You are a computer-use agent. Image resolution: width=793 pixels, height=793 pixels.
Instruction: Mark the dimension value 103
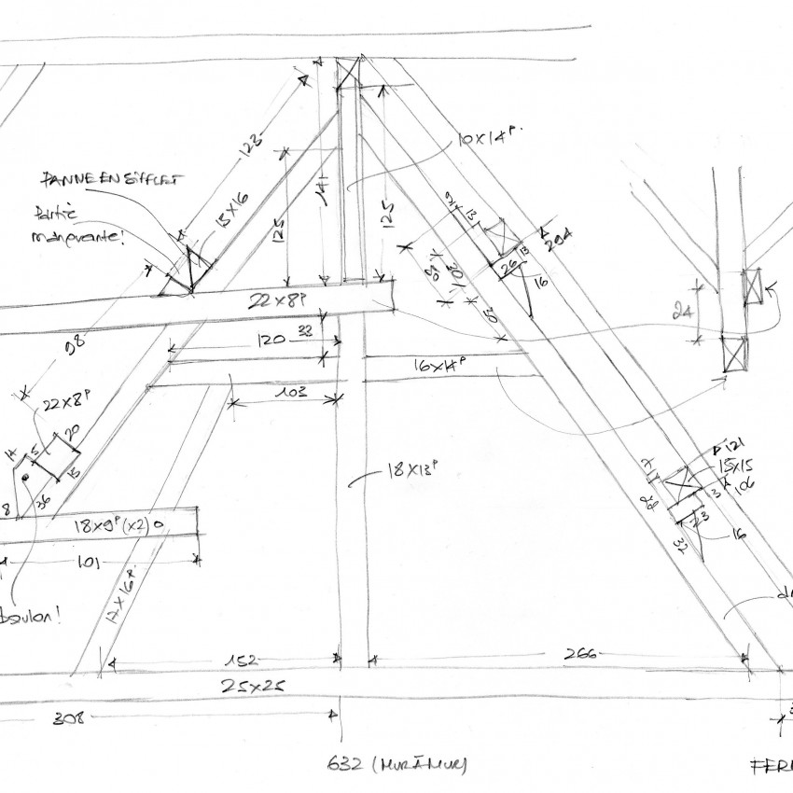coord(290,394)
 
